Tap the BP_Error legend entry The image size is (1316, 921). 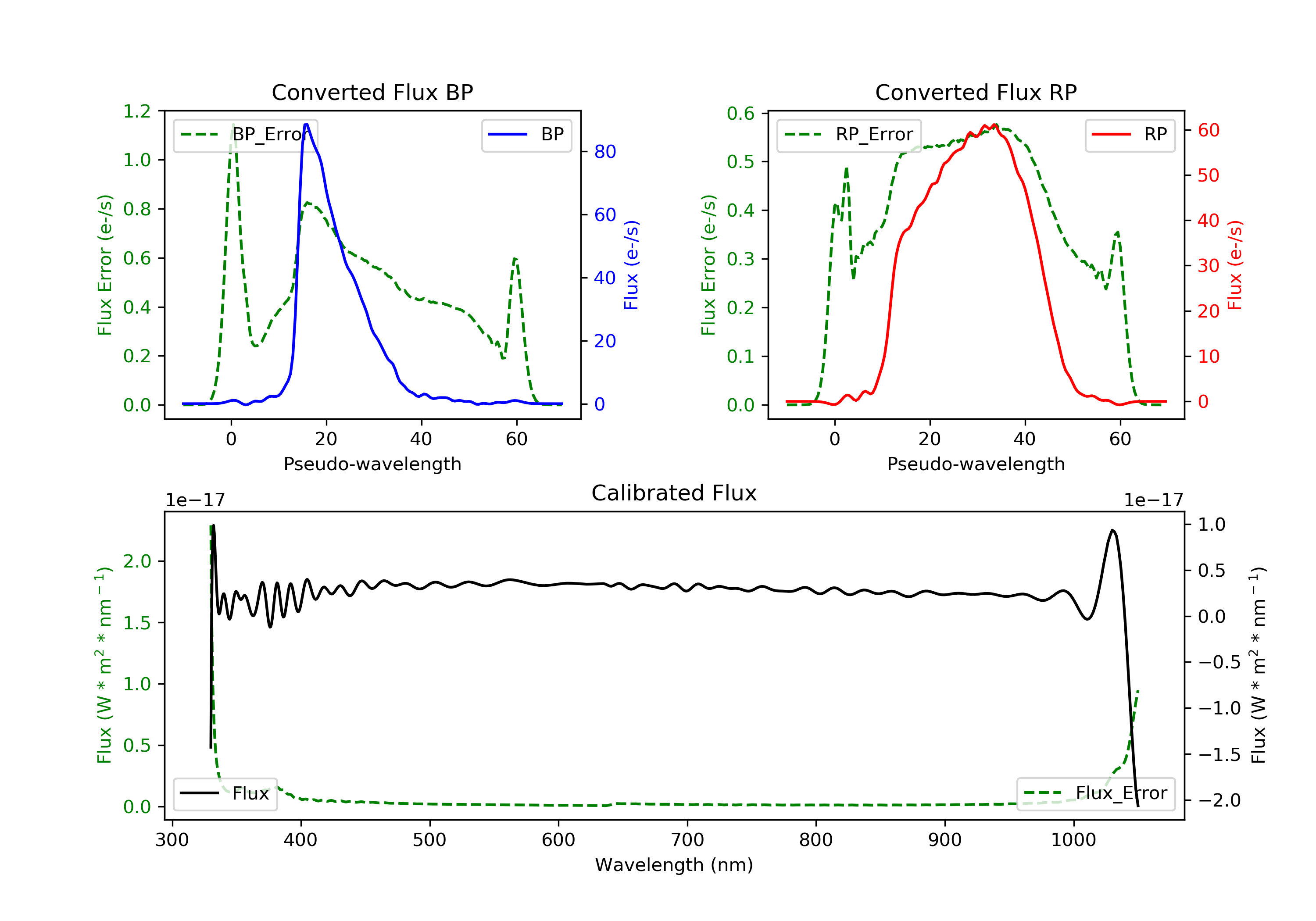[x=245, y=135]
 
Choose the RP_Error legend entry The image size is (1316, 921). [x=849, y=135]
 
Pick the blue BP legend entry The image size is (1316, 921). [x=526, y=135]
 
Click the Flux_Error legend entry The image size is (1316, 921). [x=1095, y=793]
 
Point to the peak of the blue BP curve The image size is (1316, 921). [x=307, y=125]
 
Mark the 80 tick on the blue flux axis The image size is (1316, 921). [x=604, y=152]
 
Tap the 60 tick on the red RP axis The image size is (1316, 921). [x=1208, y=131]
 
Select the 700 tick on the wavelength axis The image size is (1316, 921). [x=687, y=840]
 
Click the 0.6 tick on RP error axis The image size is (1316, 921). [x=740, y=114]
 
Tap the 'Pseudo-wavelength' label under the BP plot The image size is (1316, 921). [x=372, y=464]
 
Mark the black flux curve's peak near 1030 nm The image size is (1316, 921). [x=1112, y=531]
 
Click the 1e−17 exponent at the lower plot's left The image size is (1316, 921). [x=195, y=500]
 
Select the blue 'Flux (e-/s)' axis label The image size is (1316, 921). [x=631, y=265]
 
